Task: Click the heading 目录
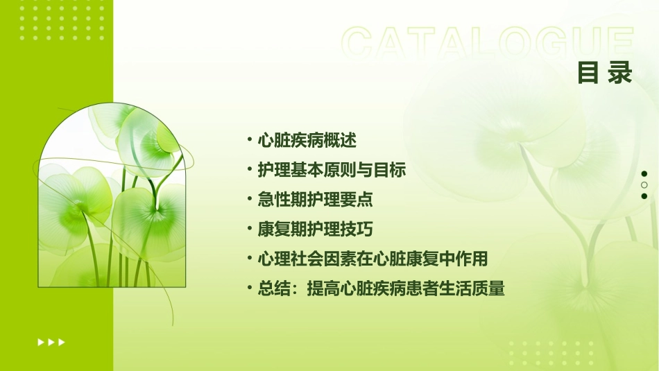coord(605,73)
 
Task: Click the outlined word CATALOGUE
coord(488,43)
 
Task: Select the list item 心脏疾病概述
coord(307,141)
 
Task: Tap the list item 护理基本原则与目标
coord(332,170)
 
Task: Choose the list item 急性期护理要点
coord(315,200)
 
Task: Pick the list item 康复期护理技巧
coord(315,230)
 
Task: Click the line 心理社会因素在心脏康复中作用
coord(373,259)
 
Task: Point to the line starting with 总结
coord(381,289)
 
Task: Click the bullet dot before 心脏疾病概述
coord(250,140)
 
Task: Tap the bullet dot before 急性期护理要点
coord(250,200)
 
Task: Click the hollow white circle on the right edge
coord(644,185)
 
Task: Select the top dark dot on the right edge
coord(644,174)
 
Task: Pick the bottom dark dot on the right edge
coord(644,196)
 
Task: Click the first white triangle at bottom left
coord(40,342)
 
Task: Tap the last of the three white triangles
coord(62,342)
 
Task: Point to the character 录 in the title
coord(619,73)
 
